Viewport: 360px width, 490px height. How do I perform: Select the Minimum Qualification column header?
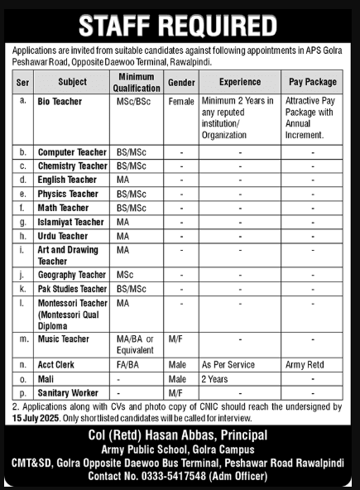pos(131,82)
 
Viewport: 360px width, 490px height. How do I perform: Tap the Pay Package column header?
pos(312,82)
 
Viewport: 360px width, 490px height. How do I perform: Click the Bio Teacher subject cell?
pos(59,99)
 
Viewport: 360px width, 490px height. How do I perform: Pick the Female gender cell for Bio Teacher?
pos(180,99)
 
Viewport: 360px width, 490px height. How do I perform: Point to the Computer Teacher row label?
pos(72,152)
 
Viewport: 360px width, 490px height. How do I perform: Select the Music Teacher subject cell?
pos(63,339)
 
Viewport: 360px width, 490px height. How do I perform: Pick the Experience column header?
pos(240,82)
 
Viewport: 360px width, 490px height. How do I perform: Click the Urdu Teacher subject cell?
pos(62,235)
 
